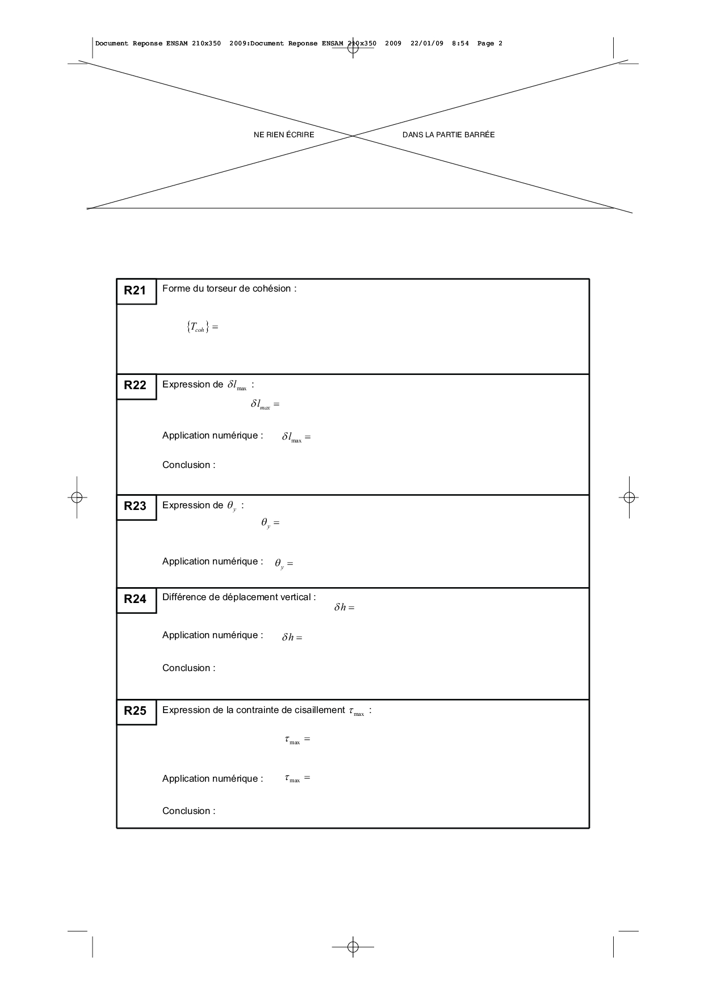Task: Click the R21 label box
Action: [136, 291]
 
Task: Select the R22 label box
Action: [136, 386]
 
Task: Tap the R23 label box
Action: [136, 507]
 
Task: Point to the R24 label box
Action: [136, 600]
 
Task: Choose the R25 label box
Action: [136, 711]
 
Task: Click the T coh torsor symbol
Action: [198, 327]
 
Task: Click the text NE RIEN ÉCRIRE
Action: [284, 135]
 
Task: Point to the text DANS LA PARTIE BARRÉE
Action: [449, 135]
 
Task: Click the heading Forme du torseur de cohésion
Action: [229, 289]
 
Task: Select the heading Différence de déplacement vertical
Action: [239, 597]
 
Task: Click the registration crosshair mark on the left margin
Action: [77, 497]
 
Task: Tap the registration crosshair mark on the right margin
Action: [628, 497]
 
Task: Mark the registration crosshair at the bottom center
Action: [353, 947]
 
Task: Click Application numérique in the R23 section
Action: [212, 562]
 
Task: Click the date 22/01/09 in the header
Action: [427, 44]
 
